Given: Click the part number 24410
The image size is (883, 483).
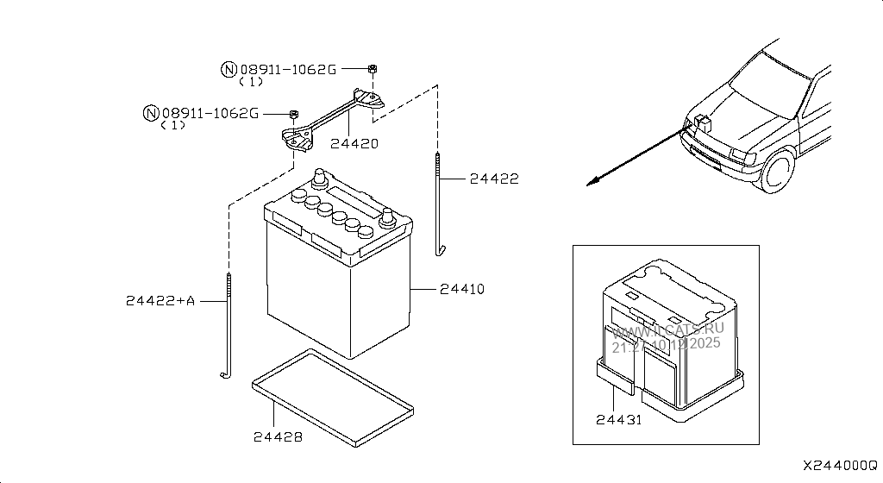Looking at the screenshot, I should [x=461, y=289].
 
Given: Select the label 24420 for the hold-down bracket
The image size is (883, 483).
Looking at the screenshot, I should [x=354, y=144].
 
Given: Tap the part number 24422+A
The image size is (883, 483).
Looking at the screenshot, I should [x=160, y=300].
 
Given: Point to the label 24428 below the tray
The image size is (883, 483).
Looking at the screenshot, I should [x=278, y=437].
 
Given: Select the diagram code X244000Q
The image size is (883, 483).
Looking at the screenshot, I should [x=840, y=465].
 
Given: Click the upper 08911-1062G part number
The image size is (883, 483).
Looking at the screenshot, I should [x=288, y=69].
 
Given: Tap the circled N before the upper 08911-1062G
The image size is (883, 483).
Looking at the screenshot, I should [x=229, y=70].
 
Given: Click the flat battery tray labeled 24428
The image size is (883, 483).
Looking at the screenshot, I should [x=332, y=398].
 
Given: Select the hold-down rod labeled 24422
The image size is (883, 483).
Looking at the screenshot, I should [x=439, y=203].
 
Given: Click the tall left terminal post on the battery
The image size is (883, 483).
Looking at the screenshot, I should [x=320, y=179].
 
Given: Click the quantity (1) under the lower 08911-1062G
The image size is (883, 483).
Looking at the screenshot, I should [x=173, y=125].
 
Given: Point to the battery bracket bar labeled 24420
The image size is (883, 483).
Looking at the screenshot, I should [x=332, y=116].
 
